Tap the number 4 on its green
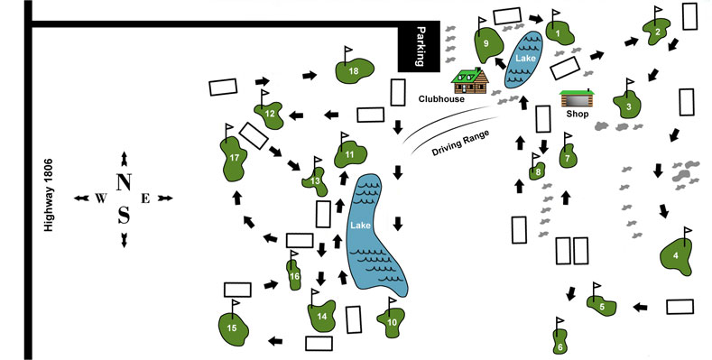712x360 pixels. (676, 256)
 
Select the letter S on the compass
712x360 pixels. (124, 215)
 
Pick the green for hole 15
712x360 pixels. (232, 328)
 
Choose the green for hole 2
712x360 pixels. (658, 32)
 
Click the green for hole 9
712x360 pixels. (488, 44)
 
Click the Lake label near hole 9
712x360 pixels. (524, 58)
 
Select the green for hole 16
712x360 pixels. (294, 276)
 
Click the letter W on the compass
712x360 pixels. (99, 198)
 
